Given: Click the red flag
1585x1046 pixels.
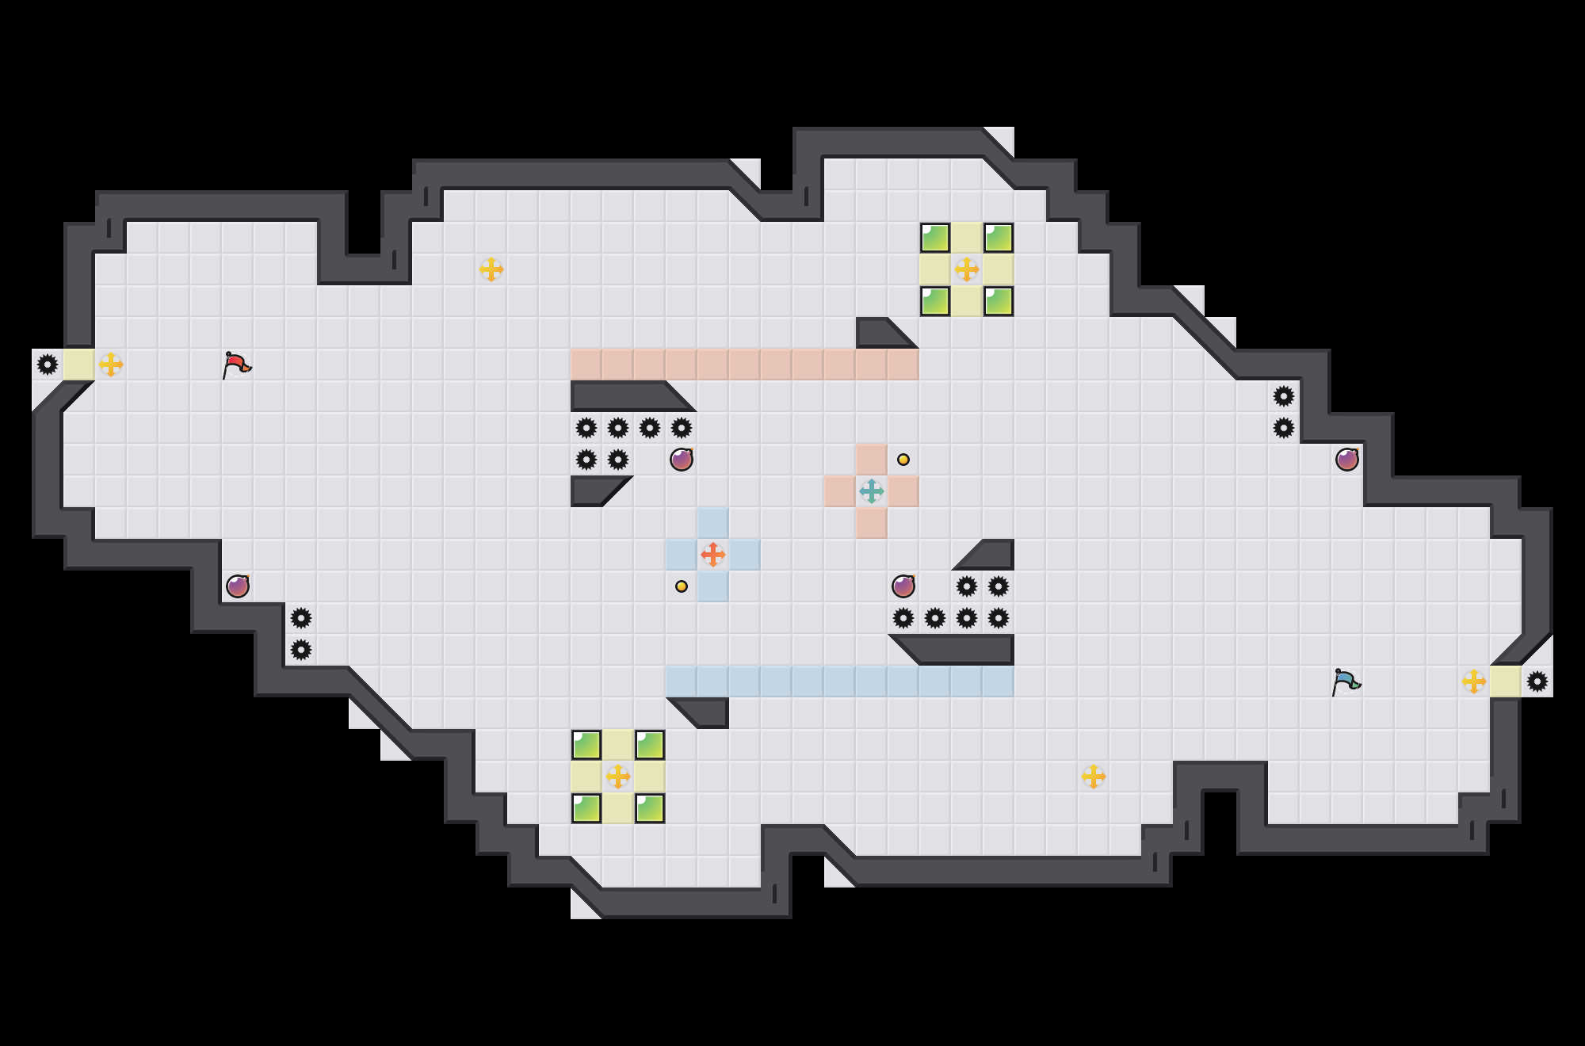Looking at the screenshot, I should tap(236, 365).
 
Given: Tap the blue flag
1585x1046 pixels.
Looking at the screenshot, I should tap(1346, 681).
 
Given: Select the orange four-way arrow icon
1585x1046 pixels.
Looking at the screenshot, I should tap(713, 555).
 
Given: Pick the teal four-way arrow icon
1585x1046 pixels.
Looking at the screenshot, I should tap(872, 491).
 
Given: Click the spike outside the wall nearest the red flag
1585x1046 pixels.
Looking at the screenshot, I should tap(48, 365).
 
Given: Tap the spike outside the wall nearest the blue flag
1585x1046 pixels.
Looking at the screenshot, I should tap(1537, 681).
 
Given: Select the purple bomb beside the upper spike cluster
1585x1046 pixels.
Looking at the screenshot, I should tap(682, 460).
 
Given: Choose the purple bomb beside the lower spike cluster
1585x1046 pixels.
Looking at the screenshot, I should tap(903, 586).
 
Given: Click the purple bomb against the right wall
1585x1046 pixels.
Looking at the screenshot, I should tap(1347, 460).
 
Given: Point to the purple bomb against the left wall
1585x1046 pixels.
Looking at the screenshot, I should tap(238, 586).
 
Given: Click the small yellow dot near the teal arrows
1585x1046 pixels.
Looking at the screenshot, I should tap(903, 460).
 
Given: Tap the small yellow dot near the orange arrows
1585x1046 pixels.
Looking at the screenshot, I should tap(682, 586).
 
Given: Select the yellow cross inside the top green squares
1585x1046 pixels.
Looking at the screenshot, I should tap(967, 269).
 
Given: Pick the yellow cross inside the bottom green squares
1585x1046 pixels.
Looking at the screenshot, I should tap(618, 777).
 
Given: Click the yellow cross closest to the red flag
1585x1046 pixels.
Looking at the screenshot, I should tap(111, 365).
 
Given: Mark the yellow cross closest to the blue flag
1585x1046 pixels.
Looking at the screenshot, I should tap(1474, 681).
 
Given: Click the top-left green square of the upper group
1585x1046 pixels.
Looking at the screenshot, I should tap(935, 238).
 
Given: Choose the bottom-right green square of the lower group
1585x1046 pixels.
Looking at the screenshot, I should tap(650, 808).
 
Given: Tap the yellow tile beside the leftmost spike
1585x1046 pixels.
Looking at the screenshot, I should tap(79, 365).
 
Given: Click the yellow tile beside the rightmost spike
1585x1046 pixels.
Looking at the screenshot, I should tap(1506, 681).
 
